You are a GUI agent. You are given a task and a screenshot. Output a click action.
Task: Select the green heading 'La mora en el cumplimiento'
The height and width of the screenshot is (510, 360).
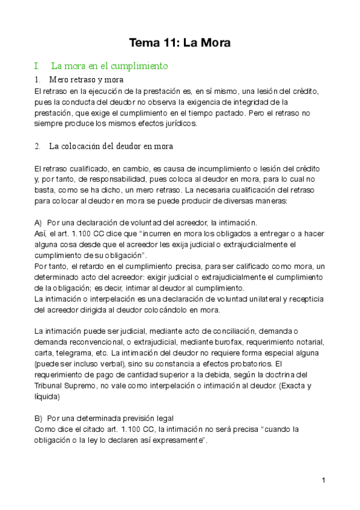(109, 66)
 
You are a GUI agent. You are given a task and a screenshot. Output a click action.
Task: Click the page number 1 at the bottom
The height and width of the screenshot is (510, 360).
(323, 480)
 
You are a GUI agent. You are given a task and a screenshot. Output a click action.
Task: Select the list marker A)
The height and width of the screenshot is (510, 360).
(39, 222)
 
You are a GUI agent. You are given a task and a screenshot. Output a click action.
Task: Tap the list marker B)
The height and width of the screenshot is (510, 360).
(39, 418)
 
